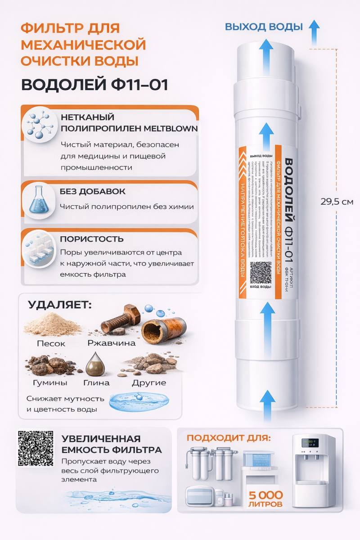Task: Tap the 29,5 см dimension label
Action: point(337,201)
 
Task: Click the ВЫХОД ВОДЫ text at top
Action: point(264,27)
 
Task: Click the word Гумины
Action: point(50,383)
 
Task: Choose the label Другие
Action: point(149,383)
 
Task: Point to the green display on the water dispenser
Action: point(310,443)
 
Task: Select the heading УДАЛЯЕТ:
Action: point(59,305)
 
